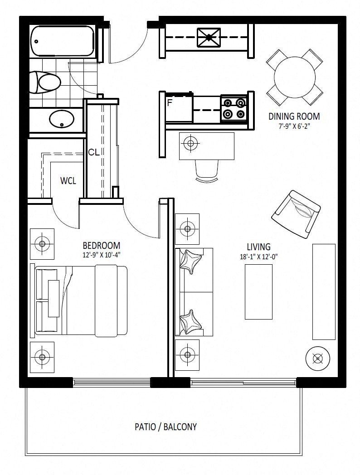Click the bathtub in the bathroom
click(x=63, y=41)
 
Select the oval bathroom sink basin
click(x=62, y=118)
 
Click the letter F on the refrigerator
click(x=170, y=103)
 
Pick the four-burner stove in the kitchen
click(x=234, y=109)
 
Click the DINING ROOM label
click(x=294, y=116)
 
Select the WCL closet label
click(x=68, y=181)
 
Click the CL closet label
click(x=94, y=152)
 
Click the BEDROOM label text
click(x=102, y=245)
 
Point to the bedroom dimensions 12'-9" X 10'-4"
click(x=102, y=255)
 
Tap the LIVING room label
click(x=258, y=247)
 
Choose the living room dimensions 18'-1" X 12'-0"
click(x=259, y=257)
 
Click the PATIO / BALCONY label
click(x=166, y=427)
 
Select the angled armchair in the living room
click(x=296, y=215)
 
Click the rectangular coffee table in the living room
click(x=258, y=292)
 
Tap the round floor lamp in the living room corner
click(x=317, y=359)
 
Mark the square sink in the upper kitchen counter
click(x=209, y=38)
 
